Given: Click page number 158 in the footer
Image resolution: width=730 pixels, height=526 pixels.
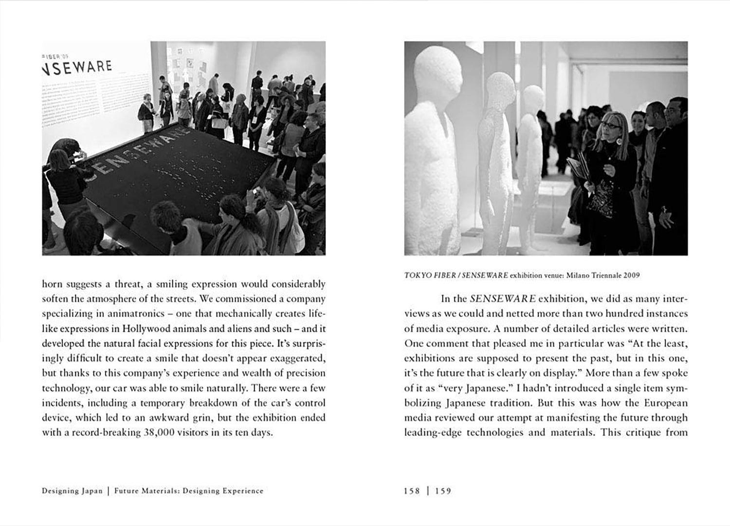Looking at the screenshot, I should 412,491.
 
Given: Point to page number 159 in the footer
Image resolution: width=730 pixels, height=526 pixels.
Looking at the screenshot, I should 443,491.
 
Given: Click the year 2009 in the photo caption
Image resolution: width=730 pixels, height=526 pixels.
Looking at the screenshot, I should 630,276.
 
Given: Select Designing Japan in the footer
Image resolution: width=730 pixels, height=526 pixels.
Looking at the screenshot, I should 72,491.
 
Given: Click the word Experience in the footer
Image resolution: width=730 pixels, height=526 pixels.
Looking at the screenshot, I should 243,491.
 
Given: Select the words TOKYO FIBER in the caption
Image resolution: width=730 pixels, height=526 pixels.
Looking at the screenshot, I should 430,276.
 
